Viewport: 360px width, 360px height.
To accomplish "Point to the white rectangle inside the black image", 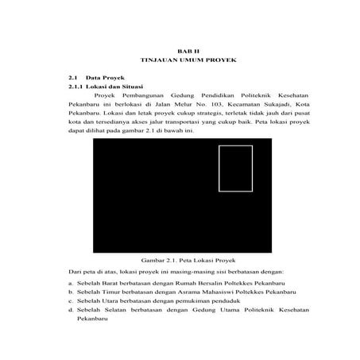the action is [235, 168].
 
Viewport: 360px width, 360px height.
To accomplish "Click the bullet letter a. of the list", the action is [71, 282].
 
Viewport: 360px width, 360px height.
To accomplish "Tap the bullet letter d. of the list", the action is [71, 311].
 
